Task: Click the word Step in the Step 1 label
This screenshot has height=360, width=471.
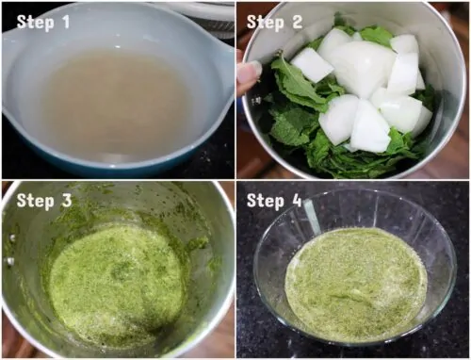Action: click(35, 23)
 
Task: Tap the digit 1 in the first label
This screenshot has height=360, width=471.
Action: click(65, 22)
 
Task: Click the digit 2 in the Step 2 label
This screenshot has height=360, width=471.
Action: click(297, 22)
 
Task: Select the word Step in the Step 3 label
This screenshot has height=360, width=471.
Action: click(35, 202)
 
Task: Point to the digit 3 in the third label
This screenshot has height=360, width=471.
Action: click(67, 201)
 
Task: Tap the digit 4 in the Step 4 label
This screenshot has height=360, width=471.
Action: click(297, 200)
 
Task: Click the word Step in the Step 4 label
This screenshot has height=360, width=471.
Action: click(266, 201)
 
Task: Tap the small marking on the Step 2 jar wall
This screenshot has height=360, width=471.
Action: click(257, 101)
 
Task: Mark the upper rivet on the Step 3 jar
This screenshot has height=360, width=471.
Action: click(12, 237)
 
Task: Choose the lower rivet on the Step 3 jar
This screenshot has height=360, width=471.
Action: click(10, 260)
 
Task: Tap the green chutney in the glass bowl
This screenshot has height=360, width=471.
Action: click(356, 285)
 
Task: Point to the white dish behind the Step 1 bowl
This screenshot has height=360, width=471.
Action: click(201, 16)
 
